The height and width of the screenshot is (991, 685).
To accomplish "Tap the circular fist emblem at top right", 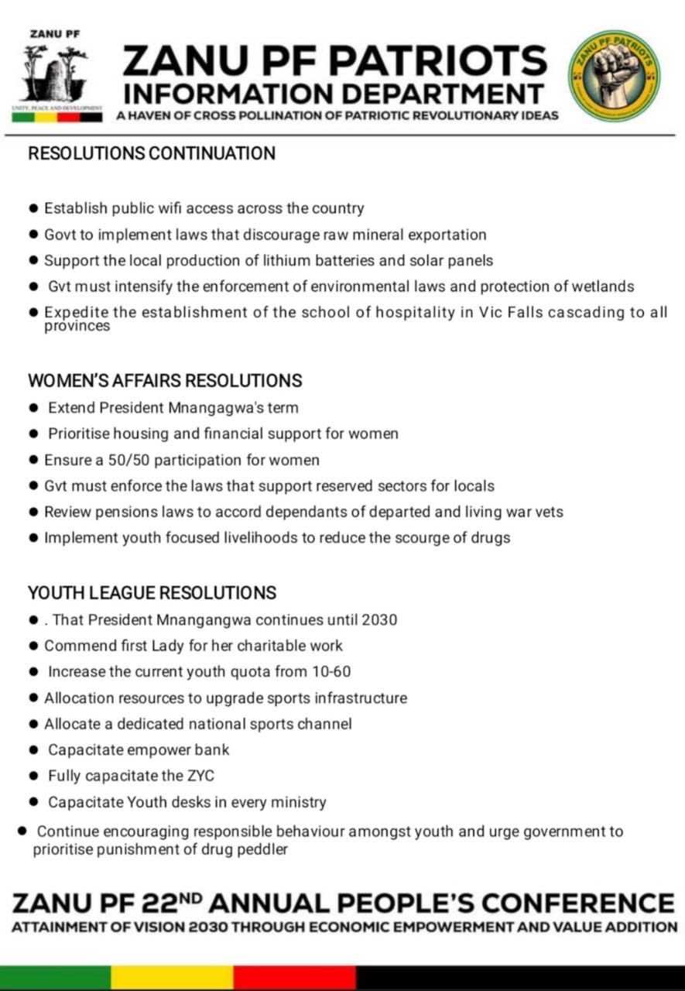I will (x=615, y=74).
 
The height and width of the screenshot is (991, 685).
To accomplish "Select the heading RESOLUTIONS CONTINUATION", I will (x=152, y=153).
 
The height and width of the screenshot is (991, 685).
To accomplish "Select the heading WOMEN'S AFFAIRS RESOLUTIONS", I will (x=165, y=381).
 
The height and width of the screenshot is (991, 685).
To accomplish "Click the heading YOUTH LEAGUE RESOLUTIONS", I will (x=152, y=593).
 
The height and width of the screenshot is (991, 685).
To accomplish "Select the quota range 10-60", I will (x=331, y=672).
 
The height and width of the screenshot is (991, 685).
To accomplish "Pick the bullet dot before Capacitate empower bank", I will (x=33, y=750).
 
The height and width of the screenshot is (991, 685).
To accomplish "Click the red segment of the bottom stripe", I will (x=295, y=977).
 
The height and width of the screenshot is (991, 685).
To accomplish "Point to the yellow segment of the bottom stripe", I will (x=172, y=977).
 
